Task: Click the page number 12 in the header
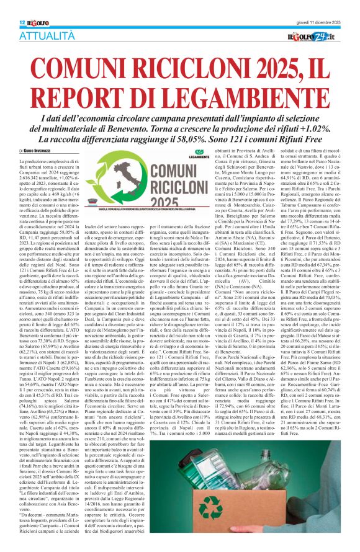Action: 13,5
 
